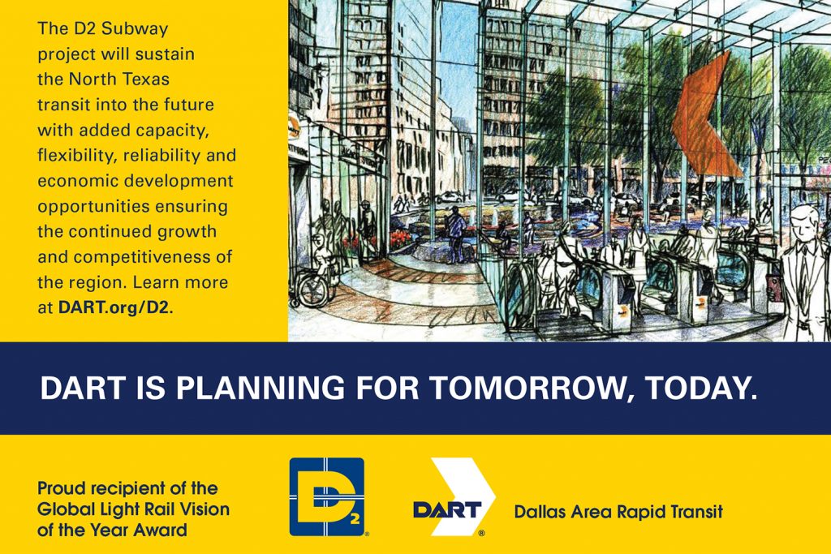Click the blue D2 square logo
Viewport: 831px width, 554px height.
[326, 496]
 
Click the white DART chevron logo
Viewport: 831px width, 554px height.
[454, 496]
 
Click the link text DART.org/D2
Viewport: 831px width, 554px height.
[116, 307]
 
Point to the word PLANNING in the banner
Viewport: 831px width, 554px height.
[260, 389]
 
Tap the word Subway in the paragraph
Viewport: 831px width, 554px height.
[135, 28]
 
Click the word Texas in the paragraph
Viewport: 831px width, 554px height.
[146, 79]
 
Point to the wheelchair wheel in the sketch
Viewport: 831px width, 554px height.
[312, 290]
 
